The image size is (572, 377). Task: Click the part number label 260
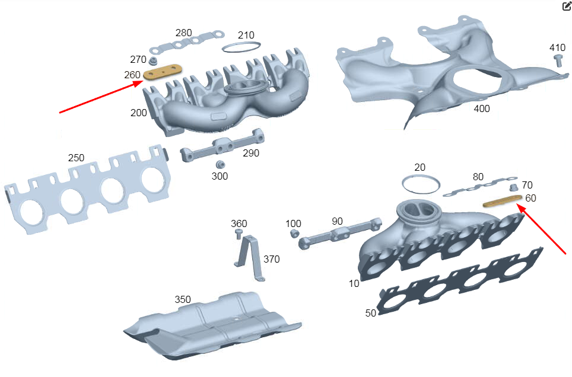click(x=132, y=75)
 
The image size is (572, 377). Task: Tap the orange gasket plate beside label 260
click(x=163, y=72)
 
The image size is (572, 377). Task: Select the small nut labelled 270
click(x=154, y=60)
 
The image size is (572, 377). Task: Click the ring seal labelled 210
click(x=241, y=47)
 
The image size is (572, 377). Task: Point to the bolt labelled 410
click(x=558, y=60)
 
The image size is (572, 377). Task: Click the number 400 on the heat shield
click(x=482, y=108)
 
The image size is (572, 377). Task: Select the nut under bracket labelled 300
click(x=220, y=164)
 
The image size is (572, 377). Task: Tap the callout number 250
click(x=76, y=158)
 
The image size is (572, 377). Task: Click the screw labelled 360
click(x=239, y=234)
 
